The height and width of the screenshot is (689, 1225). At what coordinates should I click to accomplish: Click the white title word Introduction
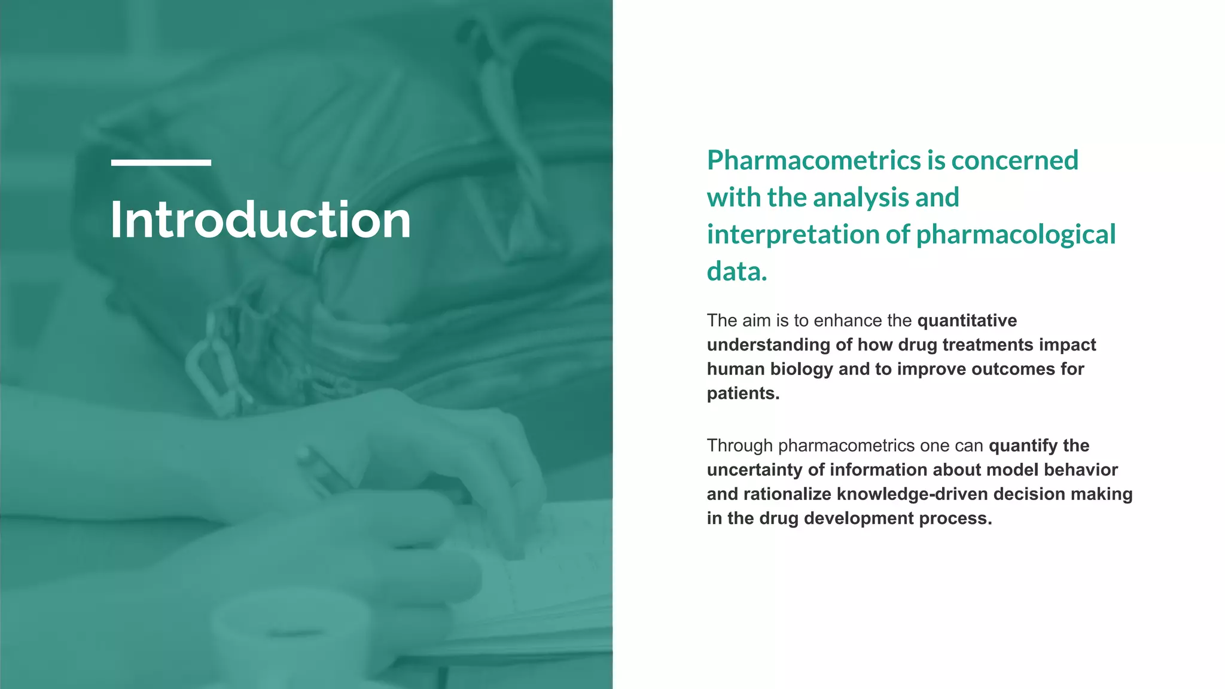point(260,220)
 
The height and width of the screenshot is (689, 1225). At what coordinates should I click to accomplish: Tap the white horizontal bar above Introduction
point(161,163)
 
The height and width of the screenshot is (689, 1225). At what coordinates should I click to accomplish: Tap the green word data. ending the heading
point(737,272)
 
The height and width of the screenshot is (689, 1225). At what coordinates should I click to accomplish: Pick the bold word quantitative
point(967,321)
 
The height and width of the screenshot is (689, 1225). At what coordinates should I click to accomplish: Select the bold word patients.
point(743,394)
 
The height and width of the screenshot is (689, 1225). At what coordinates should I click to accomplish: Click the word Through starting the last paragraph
point(740,446)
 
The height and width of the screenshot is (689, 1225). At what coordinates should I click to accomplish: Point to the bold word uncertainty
point(755,470)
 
